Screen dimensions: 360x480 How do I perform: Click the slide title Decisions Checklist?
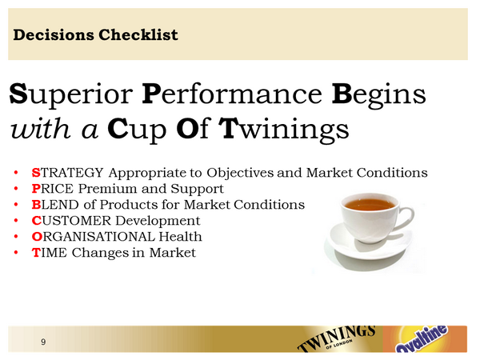pos(96,35)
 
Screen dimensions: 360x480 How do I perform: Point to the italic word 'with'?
pos(40,127)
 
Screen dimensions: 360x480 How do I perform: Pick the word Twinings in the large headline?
pos(283,127)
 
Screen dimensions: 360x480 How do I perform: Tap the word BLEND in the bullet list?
pos(53,205)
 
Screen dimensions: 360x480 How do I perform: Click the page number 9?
pos(42,342)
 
